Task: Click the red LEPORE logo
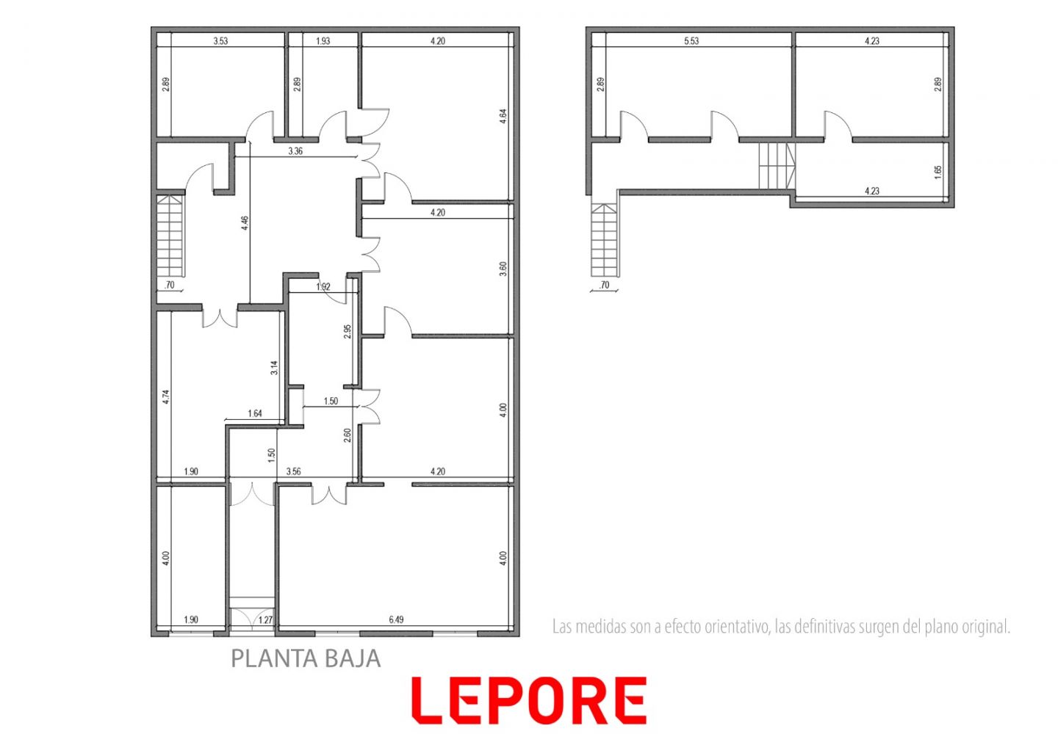(x=528, y=700)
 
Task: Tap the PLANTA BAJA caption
(x=306, y=658)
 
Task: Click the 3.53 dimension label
(x=220, y=41)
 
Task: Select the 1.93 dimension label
(x=323, y=41)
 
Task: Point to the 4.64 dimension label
(x=503, y=117)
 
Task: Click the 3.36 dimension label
(x=295, y=151)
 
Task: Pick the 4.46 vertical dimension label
(x=245, y=223)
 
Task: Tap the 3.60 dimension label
(x=503, y=269)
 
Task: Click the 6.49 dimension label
(x=396, y=620)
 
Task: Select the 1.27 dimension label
(x=266, y=620)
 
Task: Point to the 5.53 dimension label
(x=691, y=41)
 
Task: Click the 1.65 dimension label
(x=938, y=172)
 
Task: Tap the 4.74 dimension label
(x=166, y=397)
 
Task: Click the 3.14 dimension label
(x=275, y=368)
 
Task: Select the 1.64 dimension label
(x=255, y=414)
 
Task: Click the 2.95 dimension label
(x=348, y=331)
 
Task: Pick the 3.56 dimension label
(x=294, y=471)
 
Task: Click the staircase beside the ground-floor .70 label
(x=170, y=236)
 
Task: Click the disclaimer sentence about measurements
(x=781, y=627)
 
